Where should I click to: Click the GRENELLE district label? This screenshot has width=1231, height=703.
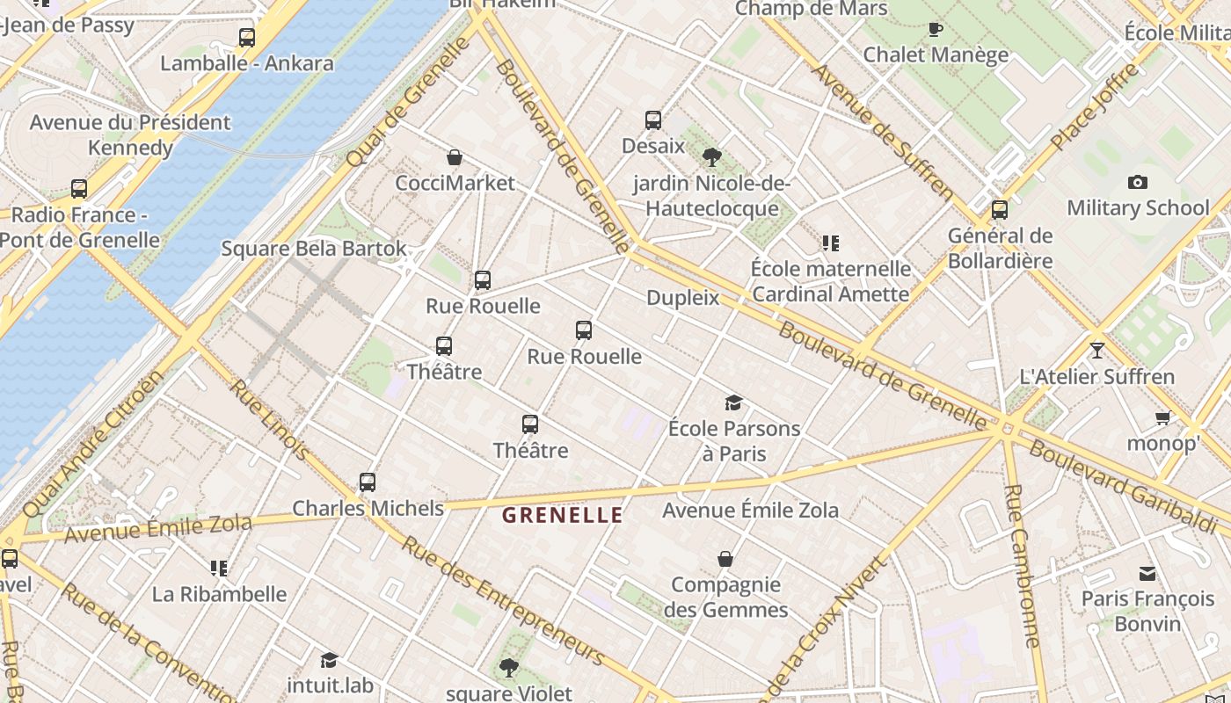563,516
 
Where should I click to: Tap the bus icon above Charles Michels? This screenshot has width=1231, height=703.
368,482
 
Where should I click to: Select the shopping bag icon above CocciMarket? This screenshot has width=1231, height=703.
455,158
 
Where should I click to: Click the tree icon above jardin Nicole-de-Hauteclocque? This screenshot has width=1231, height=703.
712,158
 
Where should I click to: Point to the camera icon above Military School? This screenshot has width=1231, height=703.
1138,183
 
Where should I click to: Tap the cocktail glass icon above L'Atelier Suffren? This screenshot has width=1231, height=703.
1096,351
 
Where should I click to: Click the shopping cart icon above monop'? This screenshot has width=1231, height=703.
1162,418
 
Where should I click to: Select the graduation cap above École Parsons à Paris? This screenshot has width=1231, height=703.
733,403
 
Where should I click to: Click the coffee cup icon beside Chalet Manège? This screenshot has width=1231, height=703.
936,29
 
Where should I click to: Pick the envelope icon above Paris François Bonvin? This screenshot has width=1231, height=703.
1147,574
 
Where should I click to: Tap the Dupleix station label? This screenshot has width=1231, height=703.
683,298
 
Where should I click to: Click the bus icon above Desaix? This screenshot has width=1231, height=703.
653,120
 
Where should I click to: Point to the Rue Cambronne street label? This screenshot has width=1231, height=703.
1023,566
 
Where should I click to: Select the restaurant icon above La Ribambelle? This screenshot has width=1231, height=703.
219,569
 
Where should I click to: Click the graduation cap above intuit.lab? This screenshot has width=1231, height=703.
329,660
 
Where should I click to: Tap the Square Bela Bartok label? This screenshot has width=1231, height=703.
314,249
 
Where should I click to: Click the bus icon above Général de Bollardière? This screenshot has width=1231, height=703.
1000,210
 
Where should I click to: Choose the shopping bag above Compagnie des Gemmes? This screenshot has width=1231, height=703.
725,559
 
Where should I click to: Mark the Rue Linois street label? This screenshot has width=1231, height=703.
270,420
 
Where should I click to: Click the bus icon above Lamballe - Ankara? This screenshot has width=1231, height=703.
247,38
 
